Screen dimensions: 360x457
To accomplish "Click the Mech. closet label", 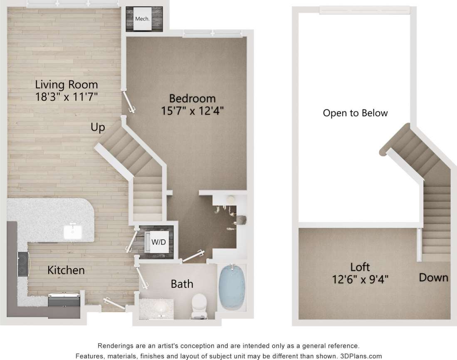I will (142, 19).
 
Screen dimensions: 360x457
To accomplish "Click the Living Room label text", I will (67, 85).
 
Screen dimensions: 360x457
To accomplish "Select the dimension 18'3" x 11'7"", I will (67, 98).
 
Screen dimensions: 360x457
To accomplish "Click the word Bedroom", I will (192, 99).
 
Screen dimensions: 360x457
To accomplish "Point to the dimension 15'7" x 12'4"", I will (192, 111).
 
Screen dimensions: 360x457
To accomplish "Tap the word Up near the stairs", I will (98, 127).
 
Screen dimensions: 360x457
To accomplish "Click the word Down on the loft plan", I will (433, 278).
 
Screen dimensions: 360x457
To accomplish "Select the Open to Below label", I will (355, 113).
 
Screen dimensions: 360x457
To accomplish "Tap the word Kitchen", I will (66, 270).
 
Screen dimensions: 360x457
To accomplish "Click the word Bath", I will (182, 284).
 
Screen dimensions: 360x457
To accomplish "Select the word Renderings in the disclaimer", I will (116, 346).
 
